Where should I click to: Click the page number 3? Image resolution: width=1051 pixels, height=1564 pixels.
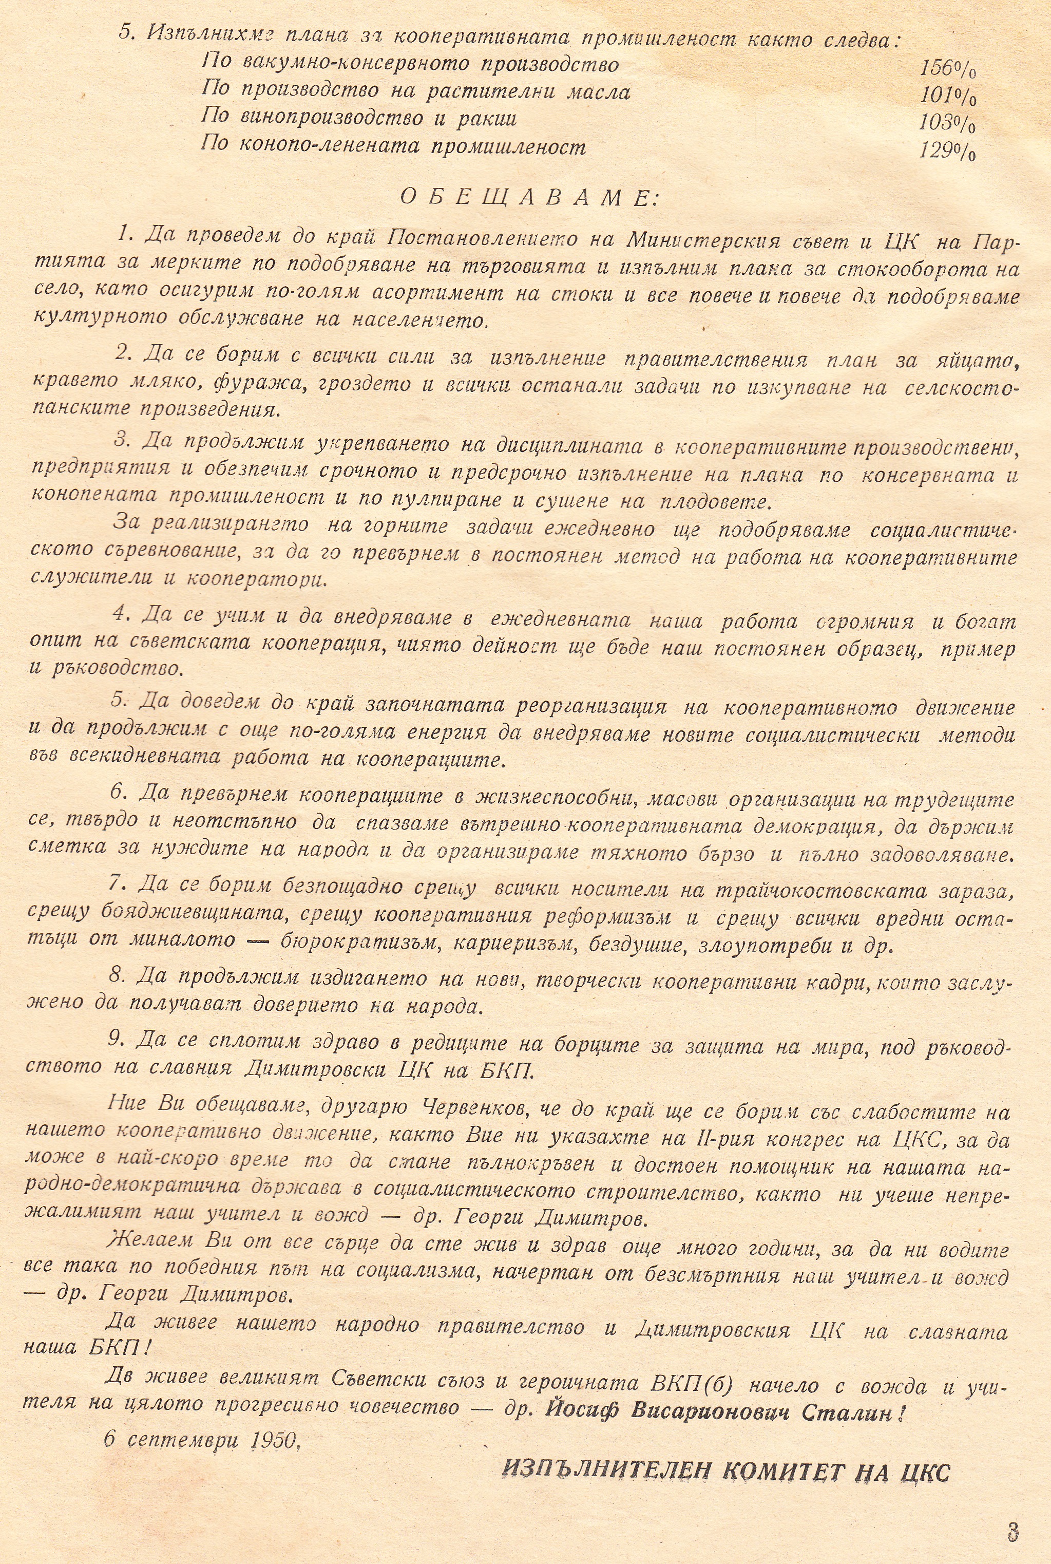point(1012,1513)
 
